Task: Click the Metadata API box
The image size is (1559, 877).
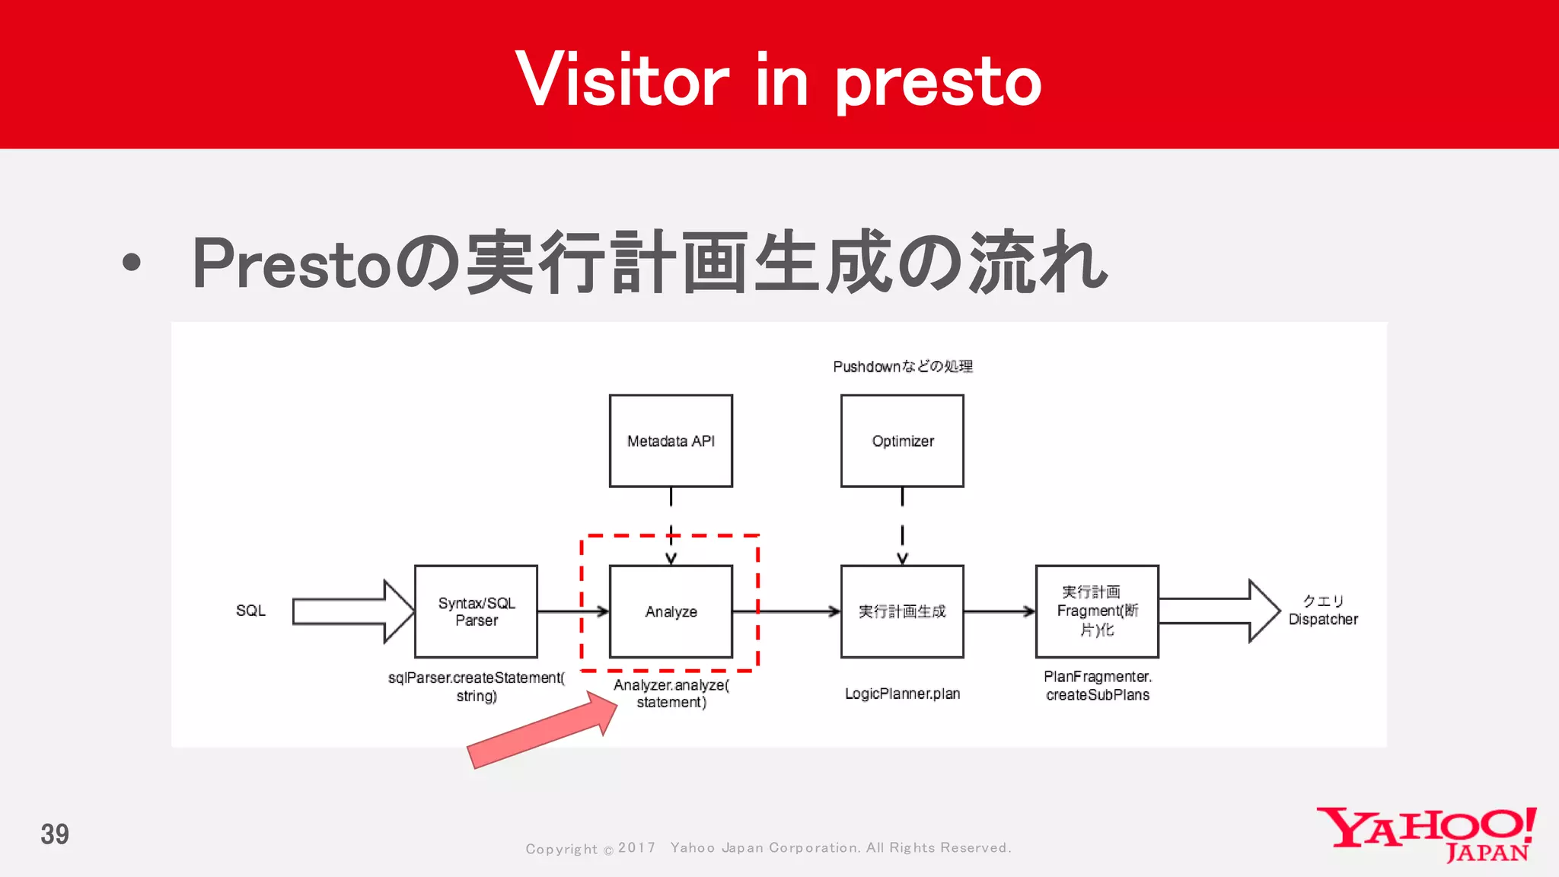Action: (671, 441)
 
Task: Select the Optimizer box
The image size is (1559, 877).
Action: (902, 441)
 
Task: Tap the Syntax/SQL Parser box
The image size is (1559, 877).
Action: (476, 611)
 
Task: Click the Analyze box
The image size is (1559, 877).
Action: (671, 611)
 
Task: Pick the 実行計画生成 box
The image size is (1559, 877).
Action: (902, 611)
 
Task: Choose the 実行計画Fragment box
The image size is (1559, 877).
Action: (1097, 611)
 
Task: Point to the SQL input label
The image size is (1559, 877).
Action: (250, 611)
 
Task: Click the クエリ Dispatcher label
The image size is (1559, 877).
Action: (1323, 611)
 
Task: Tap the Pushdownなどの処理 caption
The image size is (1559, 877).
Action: (903, 367)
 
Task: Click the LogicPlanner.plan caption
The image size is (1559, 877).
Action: (903, 694)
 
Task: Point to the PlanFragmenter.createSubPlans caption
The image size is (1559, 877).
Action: (1098, 686)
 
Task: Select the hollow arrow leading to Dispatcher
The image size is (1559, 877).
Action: (1218, 611)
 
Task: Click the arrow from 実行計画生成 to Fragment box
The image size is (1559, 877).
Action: (999, 611)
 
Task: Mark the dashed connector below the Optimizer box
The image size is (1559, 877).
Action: (902, 525)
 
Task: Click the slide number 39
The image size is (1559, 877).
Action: (55, 834)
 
